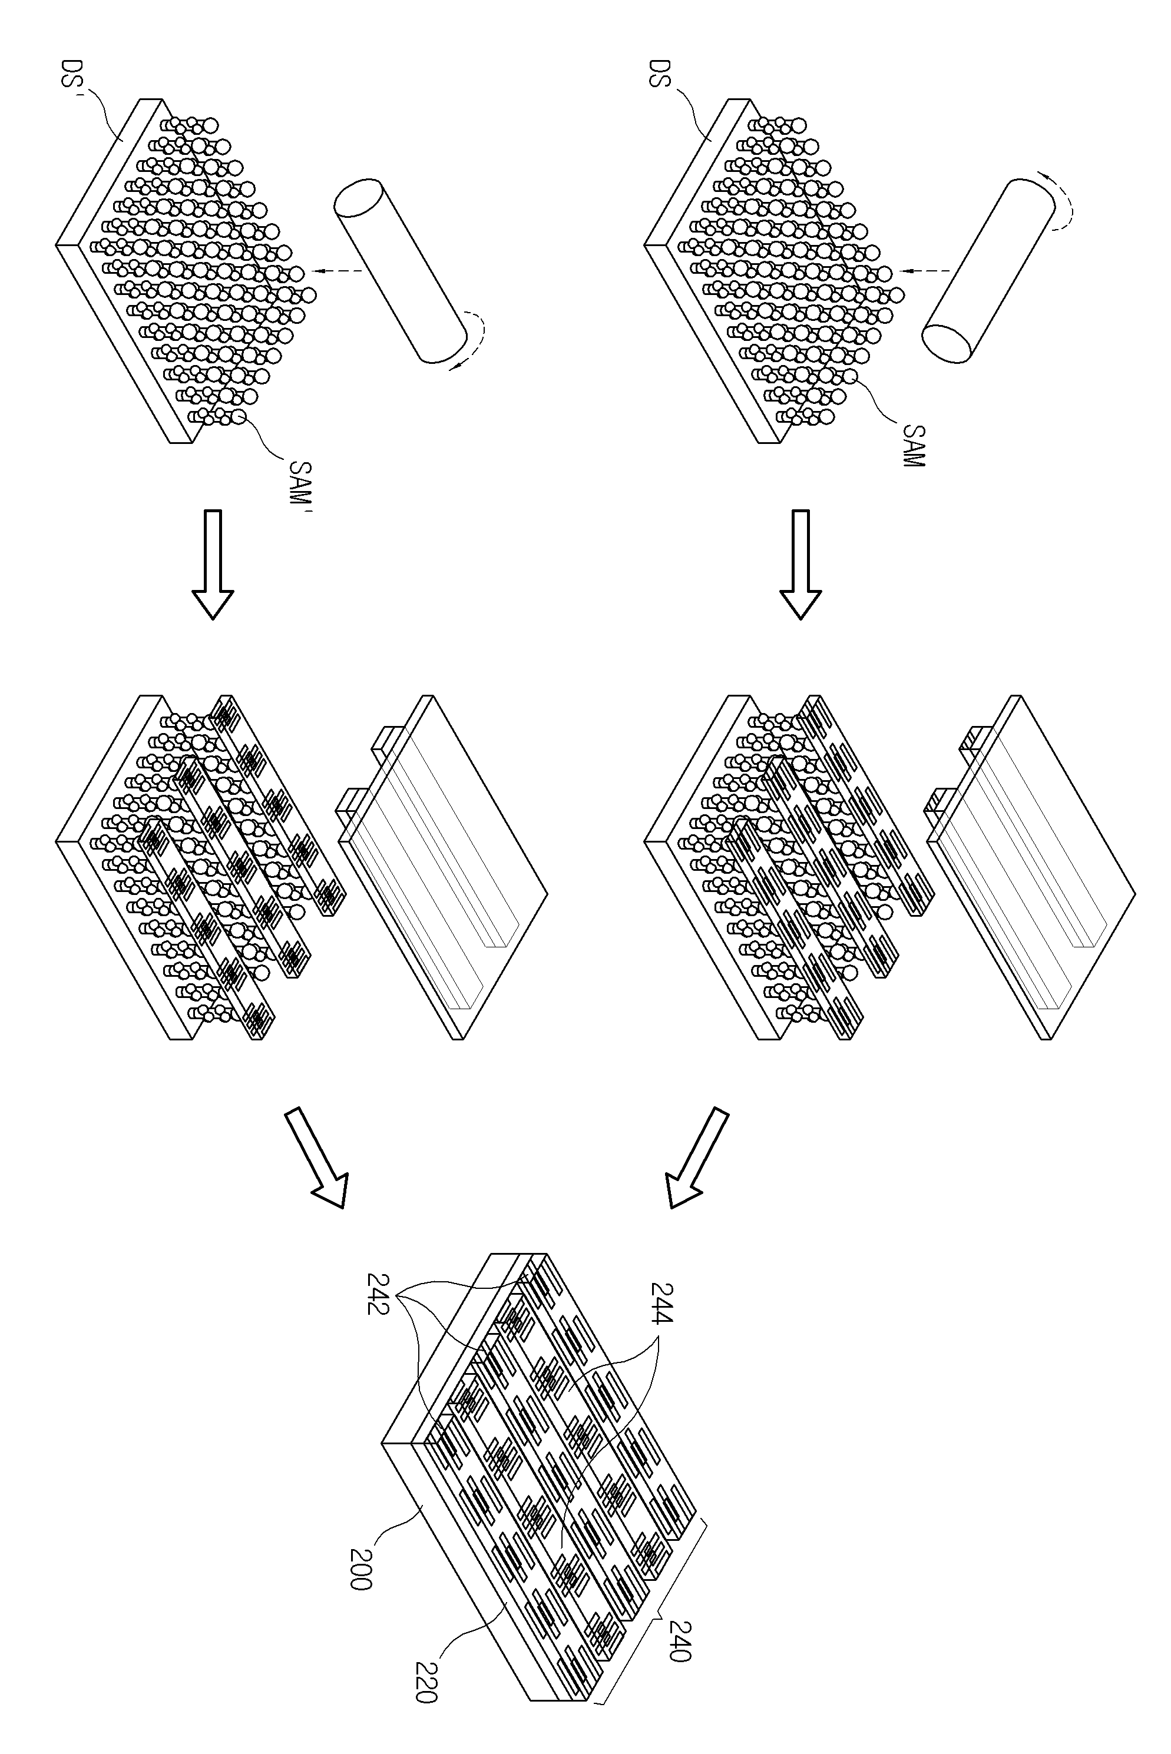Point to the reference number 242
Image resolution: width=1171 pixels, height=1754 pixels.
coord(377,1294)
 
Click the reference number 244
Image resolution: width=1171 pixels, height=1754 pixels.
coord(661,1302)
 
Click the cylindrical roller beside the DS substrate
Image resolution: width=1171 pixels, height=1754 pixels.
coord(987,270)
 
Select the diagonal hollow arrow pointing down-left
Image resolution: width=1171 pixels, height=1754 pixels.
coord(697,1157)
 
